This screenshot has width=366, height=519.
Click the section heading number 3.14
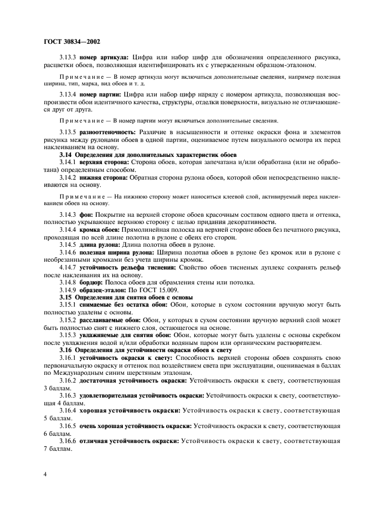click(x=66, y=154)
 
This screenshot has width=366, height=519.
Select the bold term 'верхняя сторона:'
click(x=104, y=161)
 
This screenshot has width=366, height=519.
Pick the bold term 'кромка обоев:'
click(x=102, y=229)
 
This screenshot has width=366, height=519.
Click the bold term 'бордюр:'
click(x=93, y=283)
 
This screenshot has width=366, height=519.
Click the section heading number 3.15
click(x=66, y=298)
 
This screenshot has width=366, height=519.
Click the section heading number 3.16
click(x=66, y=351)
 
